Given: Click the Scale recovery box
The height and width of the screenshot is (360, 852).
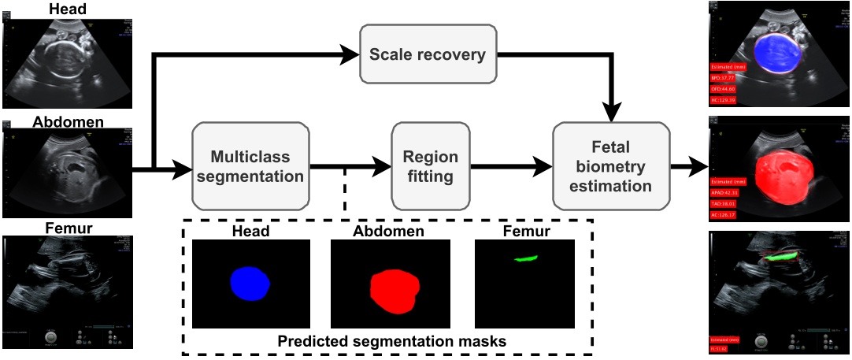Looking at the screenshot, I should pyautogui.click(x=428, y=55).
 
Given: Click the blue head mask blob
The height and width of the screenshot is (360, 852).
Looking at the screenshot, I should pyautogui.click(x=250, y=282).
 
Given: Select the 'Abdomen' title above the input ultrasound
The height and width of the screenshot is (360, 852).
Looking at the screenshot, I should pyautogui.click(x=68, y=122).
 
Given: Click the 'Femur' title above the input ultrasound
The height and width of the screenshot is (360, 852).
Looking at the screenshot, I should pyautogui.click(x=68, y=229).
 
